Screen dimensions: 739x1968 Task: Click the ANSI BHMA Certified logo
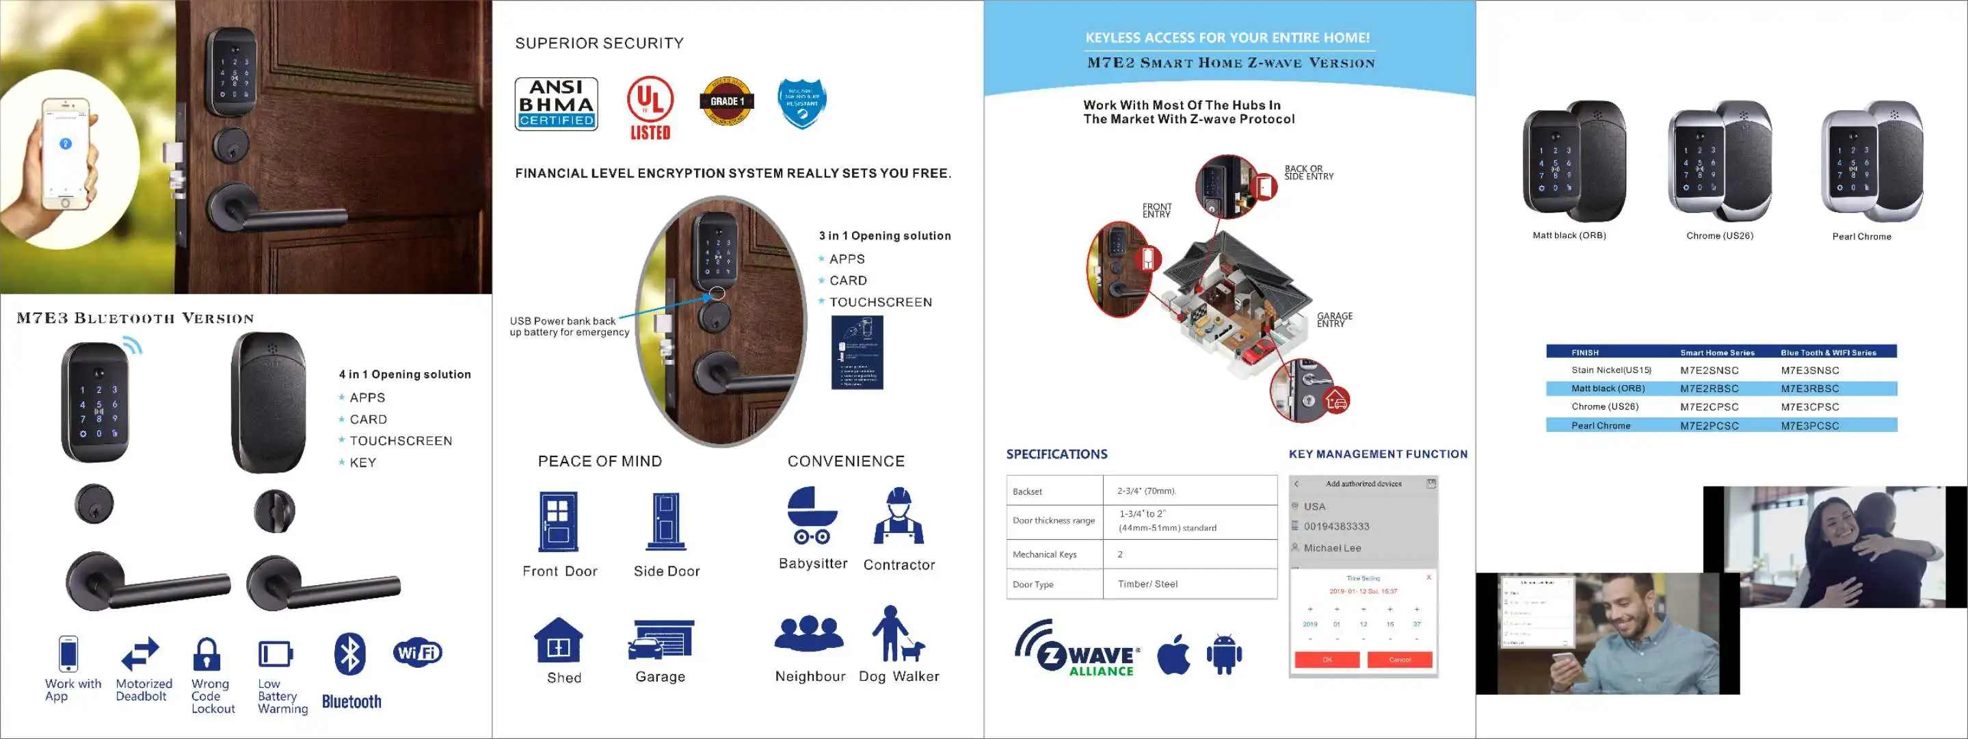(x=556, y=104)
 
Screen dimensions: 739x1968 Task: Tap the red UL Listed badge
(x=650, y=109)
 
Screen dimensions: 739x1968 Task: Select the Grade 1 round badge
(x=726, y=101)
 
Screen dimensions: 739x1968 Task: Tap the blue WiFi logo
(x=417, y=652)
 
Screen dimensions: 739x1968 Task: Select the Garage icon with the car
(x=661, y=640)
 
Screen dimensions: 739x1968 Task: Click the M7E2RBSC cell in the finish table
(x=1709, y=388)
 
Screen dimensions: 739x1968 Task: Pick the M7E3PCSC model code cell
(x=1809, y=426)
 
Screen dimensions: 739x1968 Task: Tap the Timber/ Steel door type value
(x=1147, y=584)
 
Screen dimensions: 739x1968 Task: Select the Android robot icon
(x=1224, y=654)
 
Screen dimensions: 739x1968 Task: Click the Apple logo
(x=1173, y=654)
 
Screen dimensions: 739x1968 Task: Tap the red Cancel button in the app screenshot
(x=1399, y=660)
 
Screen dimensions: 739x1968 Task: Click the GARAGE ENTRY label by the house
(x=1334, y=320)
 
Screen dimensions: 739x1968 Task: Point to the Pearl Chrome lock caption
(x=1861, y=237)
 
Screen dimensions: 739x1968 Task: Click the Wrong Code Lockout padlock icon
(x=207, y=654)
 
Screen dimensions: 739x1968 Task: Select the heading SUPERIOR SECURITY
(x=599, y=44)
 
